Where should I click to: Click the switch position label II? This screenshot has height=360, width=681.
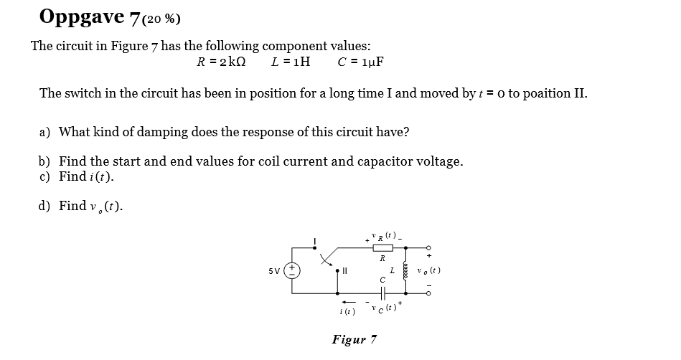(x=343, y=271)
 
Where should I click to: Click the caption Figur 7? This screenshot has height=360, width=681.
(x=354, y=339)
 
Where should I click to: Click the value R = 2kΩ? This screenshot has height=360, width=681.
(x=221, y=62)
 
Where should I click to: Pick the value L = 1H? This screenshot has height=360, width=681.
(x=291, y=62)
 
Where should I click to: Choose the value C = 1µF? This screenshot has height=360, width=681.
(x=360, y=62)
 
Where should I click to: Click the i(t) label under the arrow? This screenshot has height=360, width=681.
(x=347, y=312)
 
